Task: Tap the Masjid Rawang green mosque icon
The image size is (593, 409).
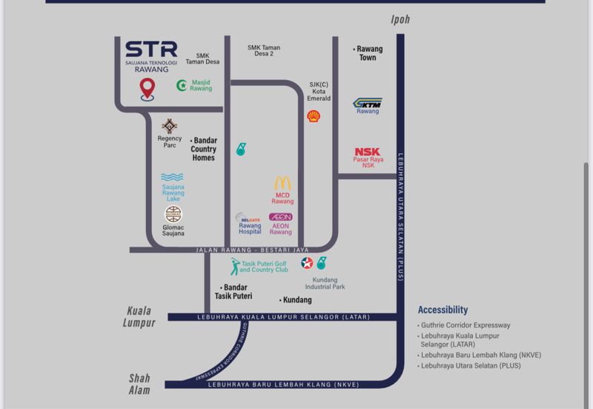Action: coord(182,85)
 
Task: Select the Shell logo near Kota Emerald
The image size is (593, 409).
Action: coord(314,116)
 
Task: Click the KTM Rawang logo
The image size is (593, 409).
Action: coord(367,103)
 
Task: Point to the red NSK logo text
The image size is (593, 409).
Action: coord(368,153)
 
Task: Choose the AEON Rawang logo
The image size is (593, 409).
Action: coord(280,217)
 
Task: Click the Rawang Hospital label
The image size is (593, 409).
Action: coord(249,229)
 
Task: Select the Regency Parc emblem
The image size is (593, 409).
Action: coord(170,126)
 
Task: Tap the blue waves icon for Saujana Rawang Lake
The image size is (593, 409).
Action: coord(172,178)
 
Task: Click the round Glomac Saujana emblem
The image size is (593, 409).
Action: coord(173,214)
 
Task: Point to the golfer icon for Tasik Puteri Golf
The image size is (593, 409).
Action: coord(234,267)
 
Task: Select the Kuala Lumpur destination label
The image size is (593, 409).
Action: coord(140,317)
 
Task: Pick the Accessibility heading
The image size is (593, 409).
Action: coord(443,310)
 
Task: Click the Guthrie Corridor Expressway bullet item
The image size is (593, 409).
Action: coord(466,325)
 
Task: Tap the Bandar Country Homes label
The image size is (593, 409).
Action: coord(205,148)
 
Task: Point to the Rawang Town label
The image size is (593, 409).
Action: coord(368,53)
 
